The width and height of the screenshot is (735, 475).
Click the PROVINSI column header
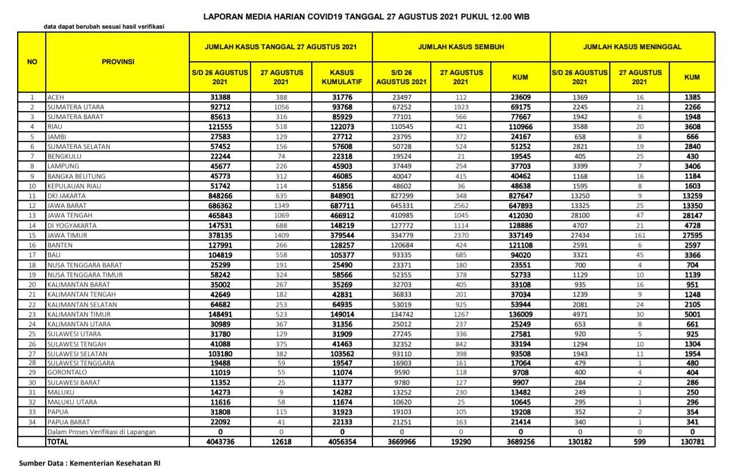(x=118, y=62)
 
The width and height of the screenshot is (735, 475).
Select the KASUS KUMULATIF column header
(x=342, y=77)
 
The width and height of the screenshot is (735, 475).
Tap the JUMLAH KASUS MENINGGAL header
(x=632, y=47)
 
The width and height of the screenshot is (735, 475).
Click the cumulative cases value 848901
(x=342, y=196)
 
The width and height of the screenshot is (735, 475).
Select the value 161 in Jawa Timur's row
(x=639, y=235)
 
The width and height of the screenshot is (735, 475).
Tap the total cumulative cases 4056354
(x=342, y=442)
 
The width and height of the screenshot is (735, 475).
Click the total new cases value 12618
(x=281, y=442)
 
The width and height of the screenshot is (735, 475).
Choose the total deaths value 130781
(x=692, y=442)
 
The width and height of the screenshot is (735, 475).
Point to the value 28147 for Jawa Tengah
(x=692, y=216)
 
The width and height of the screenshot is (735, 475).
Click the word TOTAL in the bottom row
(x=58, y=442)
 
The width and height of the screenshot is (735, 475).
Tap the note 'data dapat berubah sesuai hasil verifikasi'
(x=105, y=27)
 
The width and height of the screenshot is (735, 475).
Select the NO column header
(x=32, y=62)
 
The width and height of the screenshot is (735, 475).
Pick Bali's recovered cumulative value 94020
(x=520, y=255)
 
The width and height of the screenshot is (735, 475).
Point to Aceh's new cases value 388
(x=281, y=97)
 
